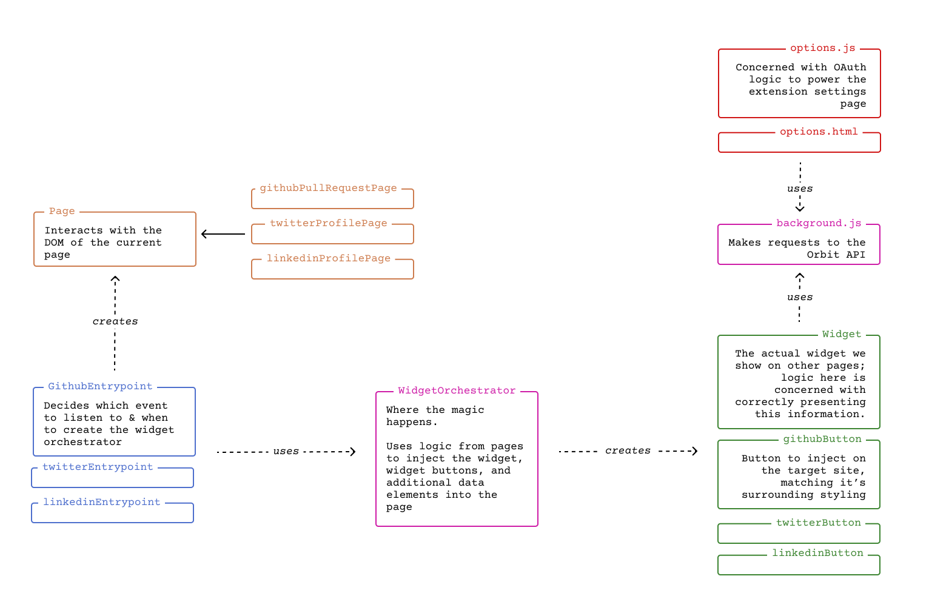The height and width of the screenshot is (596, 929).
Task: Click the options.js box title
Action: [x=822, y=48]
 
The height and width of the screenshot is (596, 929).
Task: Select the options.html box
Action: [x=799, y=143]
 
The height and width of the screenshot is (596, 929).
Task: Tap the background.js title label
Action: [x=818, y=223]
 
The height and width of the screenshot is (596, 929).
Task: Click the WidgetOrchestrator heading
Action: [x=457, y=390]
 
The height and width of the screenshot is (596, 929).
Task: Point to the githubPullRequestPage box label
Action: [x=328, y=188]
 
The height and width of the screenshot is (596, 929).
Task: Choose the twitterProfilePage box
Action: [x=332, y=234]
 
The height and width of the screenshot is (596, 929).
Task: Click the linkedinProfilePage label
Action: [x=328, y=258]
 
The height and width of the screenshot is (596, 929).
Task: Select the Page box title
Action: [x=62, y=211]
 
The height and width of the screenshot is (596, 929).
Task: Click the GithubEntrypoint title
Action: [x=100, y=386]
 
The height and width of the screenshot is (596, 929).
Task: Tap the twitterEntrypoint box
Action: [x=112, y=478]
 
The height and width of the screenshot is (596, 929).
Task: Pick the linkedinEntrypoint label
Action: [x=101, y=502]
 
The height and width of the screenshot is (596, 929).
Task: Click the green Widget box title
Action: [x=841, y=334]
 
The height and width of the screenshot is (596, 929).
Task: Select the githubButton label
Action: [x=822, y=439]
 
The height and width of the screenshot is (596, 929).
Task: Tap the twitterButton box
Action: [x=799, y=534]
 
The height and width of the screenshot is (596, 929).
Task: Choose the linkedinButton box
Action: [x=799, y=565]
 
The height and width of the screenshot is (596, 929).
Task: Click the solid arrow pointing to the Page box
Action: [x=223, y=234]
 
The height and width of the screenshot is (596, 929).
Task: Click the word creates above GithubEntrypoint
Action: [x=115, y=321]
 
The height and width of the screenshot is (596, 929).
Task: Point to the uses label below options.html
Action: [x=799, y=189]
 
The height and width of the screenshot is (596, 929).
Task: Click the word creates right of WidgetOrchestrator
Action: [x=628, y=450]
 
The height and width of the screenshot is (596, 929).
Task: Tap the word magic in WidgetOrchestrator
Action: [x=468, y=410]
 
